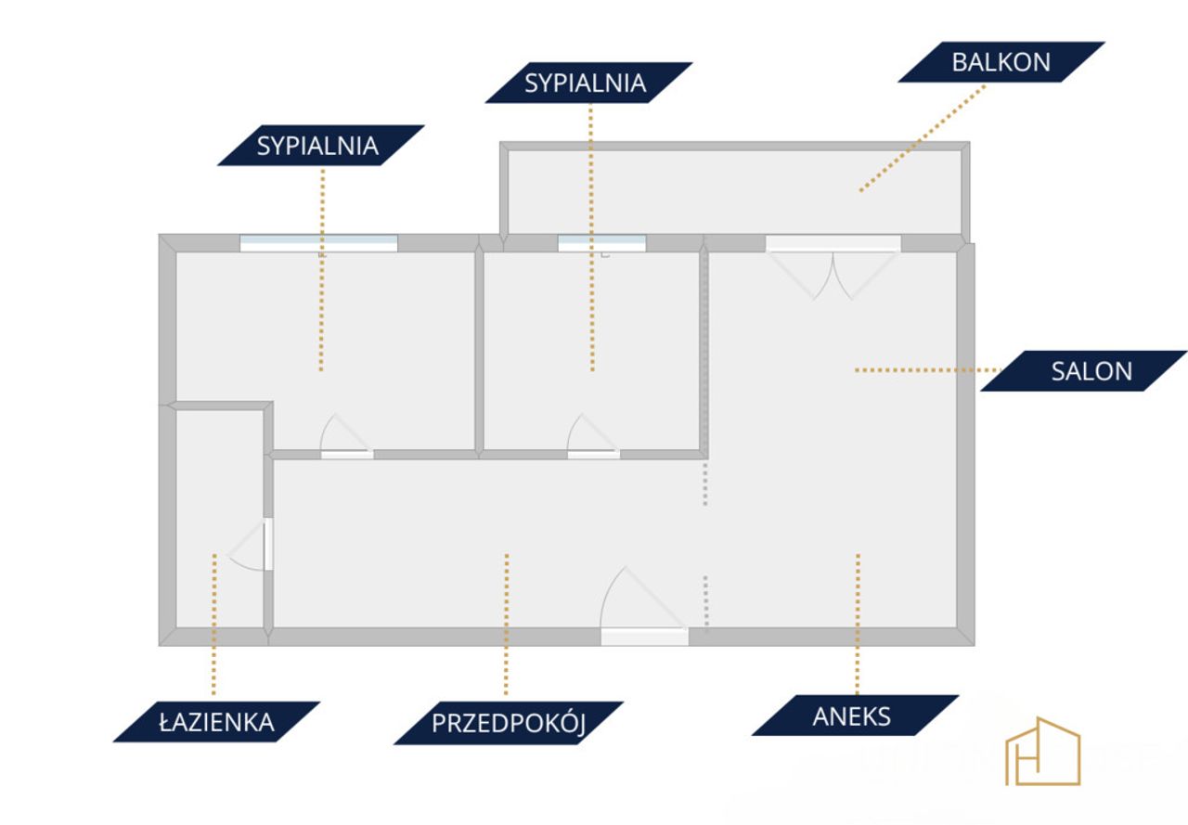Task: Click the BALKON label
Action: click(x=1001, y=62)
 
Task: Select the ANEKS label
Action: click(x=855, y=715)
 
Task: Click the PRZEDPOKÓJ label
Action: click(x=509, y=723)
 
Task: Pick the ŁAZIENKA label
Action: click(x=216, y=722)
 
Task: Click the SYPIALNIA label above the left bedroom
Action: click(x=320, y=146)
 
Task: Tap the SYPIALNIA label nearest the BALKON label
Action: click(x=588, y=83)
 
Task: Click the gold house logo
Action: click(x=1042, y=751)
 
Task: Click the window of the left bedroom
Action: click(x=318, y=243)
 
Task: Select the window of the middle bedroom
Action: click(x=602, y=243)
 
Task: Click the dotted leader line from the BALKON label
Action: click(x=923, y=138)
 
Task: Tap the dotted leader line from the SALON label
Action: click(x=928, y=370)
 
